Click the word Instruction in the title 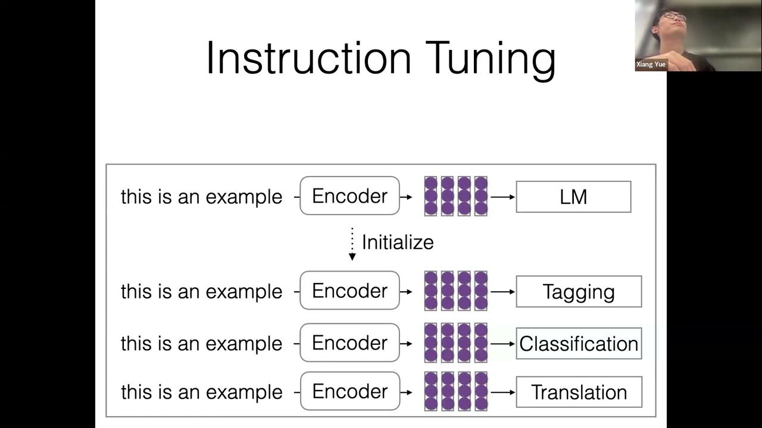308,58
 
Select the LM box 573,197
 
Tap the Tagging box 579,291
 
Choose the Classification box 579,344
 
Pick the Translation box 579,392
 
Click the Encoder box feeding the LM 349,196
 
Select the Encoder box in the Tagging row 349,291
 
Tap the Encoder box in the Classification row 349,343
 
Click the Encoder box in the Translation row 349,391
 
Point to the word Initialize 398,243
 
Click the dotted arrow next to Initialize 352,244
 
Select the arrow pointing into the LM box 503,197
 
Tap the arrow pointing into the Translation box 503,392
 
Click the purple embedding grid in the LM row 455,196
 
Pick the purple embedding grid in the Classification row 455,343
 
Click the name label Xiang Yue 651,64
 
